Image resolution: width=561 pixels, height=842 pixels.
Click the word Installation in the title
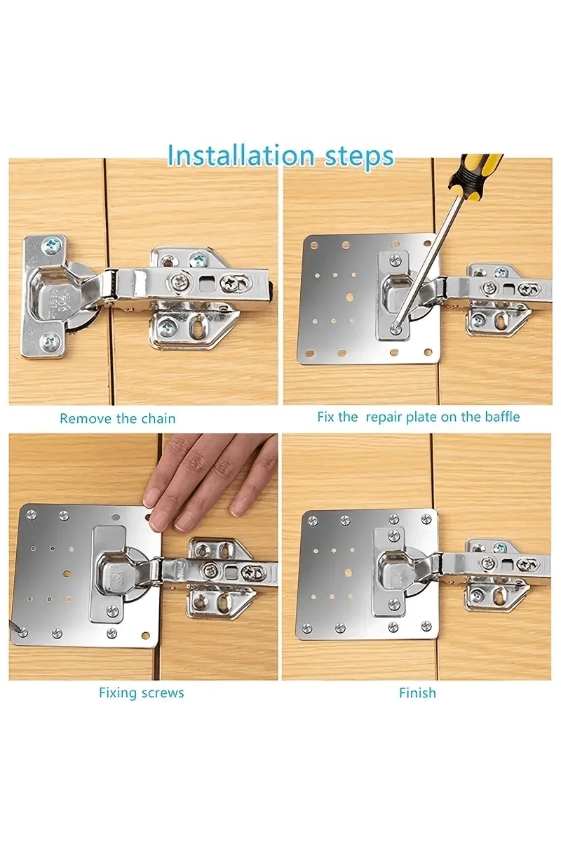pyautogui.click(x=241, y=155)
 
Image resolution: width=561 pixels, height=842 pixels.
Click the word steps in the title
pyautogui.click(x=358, y=157)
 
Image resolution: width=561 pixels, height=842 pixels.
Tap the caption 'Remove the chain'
pyautogui.click(x=118, y=418)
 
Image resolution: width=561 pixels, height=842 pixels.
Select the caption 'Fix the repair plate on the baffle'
pyautogui.click(x=418, y=417)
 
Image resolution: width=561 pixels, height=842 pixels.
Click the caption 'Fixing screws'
pyautogui.click(x=141, y=693)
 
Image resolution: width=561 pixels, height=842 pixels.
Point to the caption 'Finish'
pyautogui.click(x=417, y=693)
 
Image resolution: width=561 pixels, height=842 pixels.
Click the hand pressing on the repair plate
pyautogui.click(x=210, y=477)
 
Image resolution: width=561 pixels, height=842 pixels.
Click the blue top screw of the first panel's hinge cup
pyautogui.click(x=51, y=244)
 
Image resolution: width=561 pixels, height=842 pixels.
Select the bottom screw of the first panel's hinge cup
pyautogui.click(x=50, y=341)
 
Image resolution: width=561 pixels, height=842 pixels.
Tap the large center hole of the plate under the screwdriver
pyautogui.click(x=349, y=298)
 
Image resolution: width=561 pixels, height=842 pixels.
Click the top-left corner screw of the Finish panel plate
pyautogui.click(x=312, y=521)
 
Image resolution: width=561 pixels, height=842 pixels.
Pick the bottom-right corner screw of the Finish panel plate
pyautogui.click(x=426, y=624)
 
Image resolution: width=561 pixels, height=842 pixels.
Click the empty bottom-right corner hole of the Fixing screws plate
pyautogui.click(x=146, y=636)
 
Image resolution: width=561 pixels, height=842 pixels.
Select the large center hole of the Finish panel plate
pyautogui.click(x=348, y=573)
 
